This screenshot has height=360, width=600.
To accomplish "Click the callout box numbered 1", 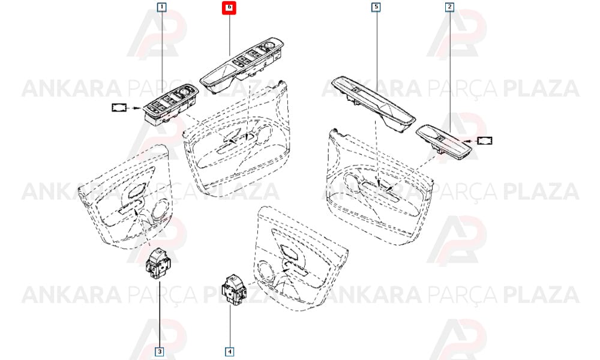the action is click(x=162, y=7).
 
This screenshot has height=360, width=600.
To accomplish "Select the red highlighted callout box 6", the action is click(x=229, y=7).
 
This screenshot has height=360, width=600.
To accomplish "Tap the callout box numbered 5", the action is click(x=376, y=7).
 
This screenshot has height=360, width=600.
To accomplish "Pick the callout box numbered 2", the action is click(x=449, y=7).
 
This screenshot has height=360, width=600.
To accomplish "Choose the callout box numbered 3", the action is click(x=160, y=351).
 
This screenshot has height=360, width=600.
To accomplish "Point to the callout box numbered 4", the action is click(x=230, y=351).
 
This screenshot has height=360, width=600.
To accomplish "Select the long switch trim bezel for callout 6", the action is click(x=242, y=65).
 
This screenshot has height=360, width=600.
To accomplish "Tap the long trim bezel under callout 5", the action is click(x=373, y=104).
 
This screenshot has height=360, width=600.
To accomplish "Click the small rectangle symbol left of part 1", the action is click(x=119, y=107).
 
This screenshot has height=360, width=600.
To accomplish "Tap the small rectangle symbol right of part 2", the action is click(x=484, y=141).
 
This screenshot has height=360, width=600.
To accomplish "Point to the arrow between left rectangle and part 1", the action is click(x=135, y=108).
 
